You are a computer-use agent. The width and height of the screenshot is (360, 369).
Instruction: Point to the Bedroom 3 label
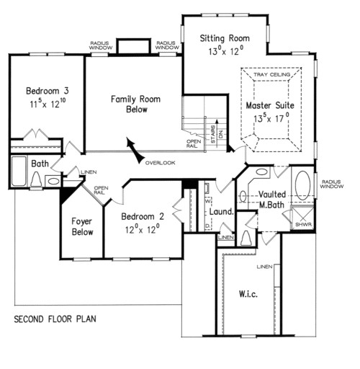coord(47,91)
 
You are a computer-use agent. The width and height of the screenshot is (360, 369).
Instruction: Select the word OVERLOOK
coord(159,162)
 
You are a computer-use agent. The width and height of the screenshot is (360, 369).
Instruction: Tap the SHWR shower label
coord(302,223)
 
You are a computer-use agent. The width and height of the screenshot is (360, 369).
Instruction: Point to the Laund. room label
coord(221,213)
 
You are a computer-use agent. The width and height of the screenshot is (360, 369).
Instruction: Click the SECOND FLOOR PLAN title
coord(54,318)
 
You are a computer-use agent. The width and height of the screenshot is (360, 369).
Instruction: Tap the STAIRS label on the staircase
coord(212,133)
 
